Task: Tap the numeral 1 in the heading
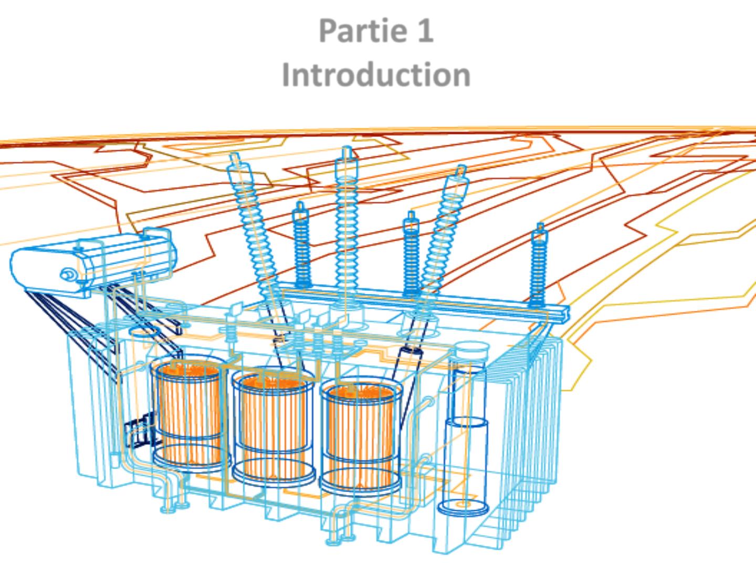coord(425,30)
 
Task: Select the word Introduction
coord(376,75)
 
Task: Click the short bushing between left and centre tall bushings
coord(301,247)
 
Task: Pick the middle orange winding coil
coord(273,425)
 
